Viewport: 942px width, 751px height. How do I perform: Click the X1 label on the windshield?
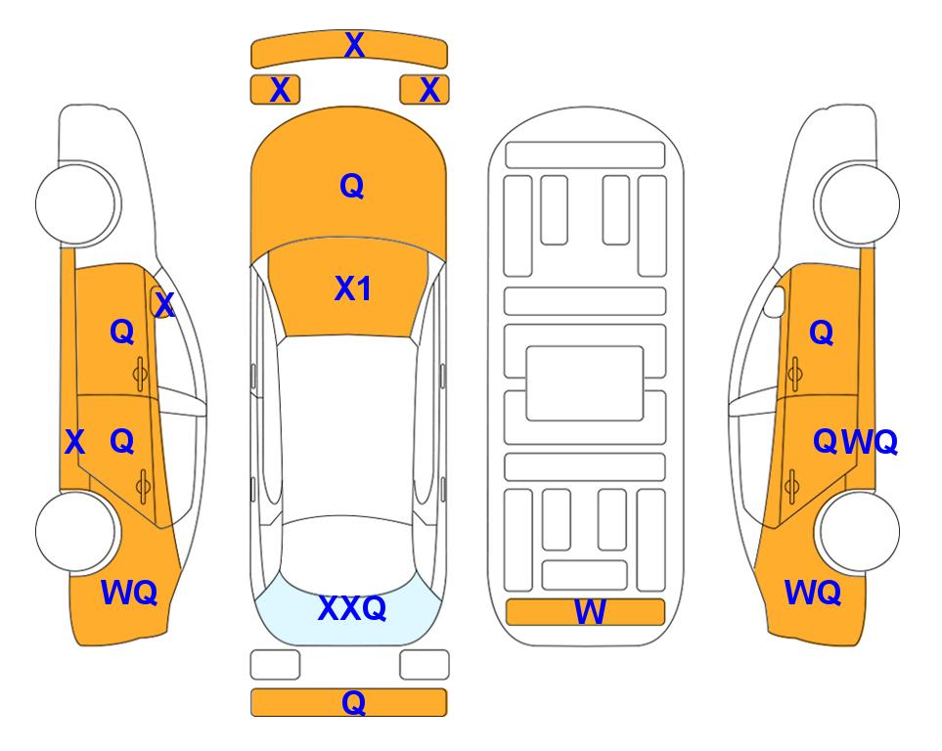click(x=353, y=288)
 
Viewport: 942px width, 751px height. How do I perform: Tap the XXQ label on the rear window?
click(x=352, y=608)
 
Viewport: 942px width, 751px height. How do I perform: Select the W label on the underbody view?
click(x=590, y=612)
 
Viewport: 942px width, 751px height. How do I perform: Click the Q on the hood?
click(x=352, y=186)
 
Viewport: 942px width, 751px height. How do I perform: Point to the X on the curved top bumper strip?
click(x=354, y=45)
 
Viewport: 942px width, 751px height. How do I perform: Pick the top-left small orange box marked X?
click(x=275, y=90)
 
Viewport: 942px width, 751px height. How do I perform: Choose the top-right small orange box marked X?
click(x=425, y=90)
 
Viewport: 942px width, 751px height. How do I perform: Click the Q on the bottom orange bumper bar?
click(x=354, y=702)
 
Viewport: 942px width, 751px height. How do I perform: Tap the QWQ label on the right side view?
click(x=855, y=442)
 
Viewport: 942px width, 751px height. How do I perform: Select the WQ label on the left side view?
click(x=129, y=593)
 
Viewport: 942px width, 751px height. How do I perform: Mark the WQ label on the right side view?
click(x=813, y=593)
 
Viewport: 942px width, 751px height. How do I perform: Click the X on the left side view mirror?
click(x=164, y=305)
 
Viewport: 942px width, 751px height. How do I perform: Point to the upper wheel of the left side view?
click(x=77, y=203)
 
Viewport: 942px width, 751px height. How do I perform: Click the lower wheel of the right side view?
click(x=857, y=531)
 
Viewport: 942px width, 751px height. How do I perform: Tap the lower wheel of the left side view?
click(x=77, y=532)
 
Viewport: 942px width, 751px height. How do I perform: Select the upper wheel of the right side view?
click(x=857, y=203)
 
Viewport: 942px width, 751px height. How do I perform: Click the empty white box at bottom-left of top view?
click(x=275, y=665)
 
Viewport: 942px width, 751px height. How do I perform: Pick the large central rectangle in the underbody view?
click(x=585, y=383)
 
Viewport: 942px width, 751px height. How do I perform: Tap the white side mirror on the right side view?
click(x=775, y=301)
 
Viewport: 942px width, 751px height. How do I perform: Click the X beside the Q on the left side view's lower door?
click(x=74, y=442)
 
